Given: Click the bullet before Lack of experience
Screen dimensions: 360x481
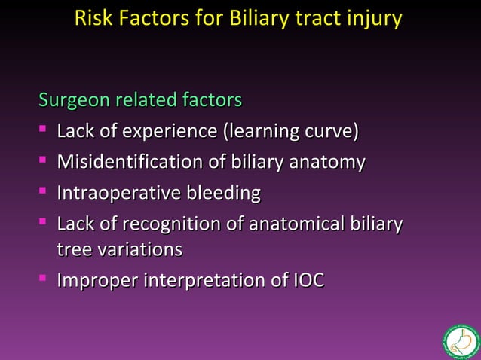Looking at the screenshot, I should point(44,132).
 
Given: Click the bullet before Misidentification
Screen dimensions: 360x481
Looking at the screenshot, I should point(44,163).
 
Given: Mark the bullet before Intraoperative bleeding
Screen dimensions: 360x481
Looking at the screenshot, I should point(44,194).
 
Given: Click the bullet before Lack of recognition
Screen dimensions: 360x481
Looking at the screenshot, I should point(44,224).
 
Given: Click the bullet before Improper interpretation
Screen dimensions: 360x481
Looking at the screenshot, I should point(44,281).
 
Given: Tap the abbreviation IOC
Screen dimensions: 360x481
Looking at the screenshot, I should point(308,281).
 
